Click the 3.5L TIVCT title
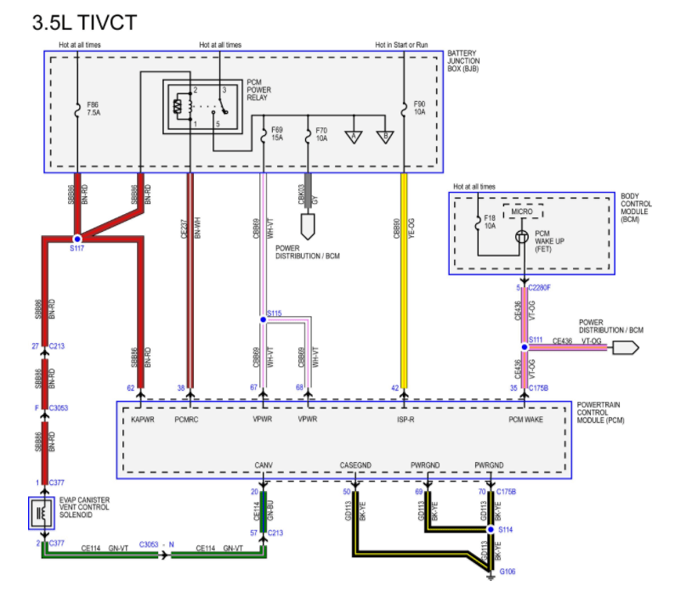pyautogui.click(x=83, y=22)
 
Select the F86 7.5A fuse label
pyautogui.click(x=93, y=110)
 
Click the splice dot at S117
pyautogui.click(x=77, y=239)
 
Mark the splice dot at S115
pyautogui.click(x=264, y=319)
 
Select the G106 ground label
pyautogui.click(x=507, y=572)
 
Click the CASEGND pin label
pyautogui.click(x=356, y=465)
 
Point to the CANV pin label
pyautogui.click(x=263, y=465)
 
